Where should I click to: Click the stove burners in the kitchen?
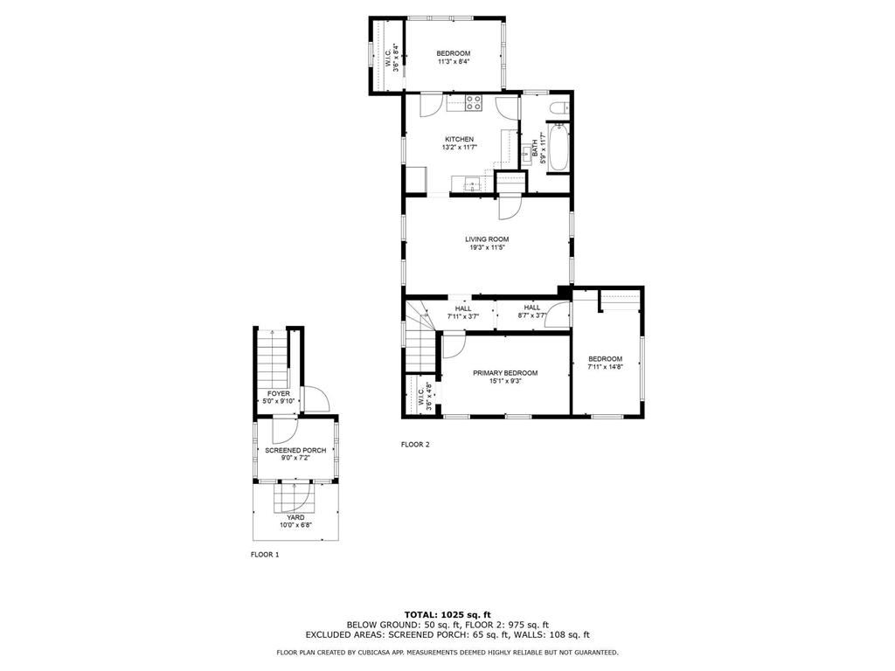tap(474, 103)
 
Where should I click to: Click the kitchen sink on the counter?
tap(470, 183)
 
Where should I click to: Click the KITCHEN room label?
tap(459, 139)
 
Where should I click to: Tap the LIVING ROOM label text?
tap(487, 239)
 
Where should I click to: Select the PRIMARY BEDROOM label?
tap(505, 372)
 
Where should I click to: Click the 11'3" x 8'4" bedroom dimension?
tap(454, 62)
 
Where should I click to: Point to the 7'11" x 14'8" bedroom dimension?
tap(605, 367)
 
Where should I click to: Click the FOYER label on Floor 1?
tap(279, 393)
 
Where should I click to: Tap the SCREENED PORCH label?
tap(295, 450)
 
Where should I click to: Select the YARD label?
tap(295, 517)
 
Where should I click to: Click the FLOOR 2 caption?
tap(415, 445)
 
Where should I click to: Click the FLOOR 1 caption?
tap(265, 555)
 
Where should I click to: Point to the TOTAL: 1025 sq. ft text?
tap(447, 614)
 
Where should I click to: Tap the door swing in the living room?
tap(510, 208)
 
